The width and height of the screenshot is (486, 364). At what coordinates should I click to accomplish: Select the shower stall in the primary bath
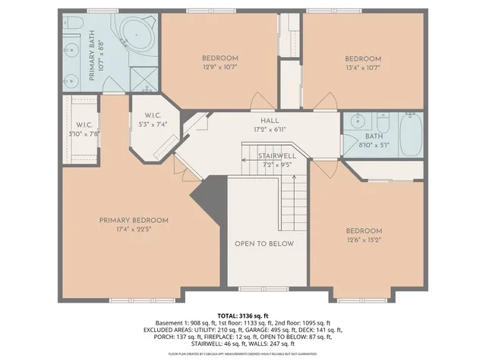(143, 79)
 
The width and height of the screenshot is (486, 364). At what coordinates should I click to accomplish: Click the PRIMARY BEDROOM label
(133, 221)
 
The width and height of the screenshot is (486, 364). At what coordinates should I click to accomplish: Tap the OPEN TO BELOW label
(264, 243)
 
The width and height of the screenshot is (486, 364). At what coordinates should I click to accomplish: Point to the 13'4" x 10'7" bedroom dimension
(362, 67)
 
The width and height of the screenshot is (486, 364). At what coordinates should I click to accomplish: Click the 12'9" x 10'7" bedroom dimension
(219, 67)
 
